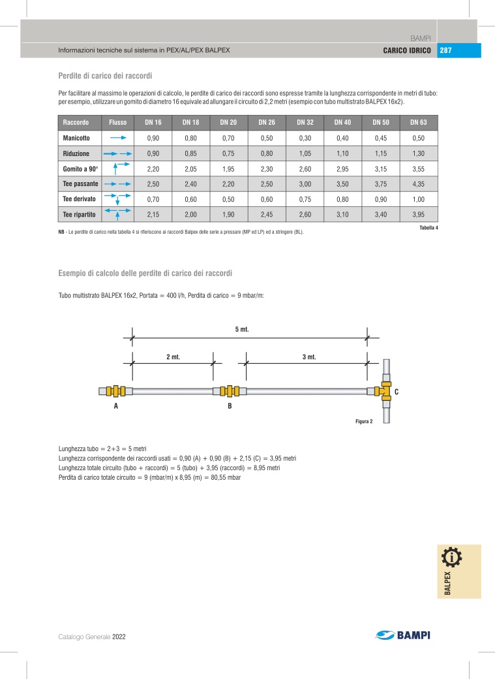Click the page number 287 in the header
(x=445, y=50)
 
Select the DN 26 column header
(x=267, y=123)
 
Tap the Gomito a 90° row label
(x=80, y=169)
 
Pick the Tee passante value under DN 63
(x=419, y=184)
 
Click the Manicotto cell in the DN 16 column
(x=153, y=138)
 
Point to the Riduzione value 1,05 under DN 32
(x=305, y=153)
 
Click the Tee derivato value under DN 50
(x=381, y=199)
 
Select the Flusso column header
(x=117, y=123)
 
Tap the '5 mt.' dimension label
(x=242, y=330)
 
